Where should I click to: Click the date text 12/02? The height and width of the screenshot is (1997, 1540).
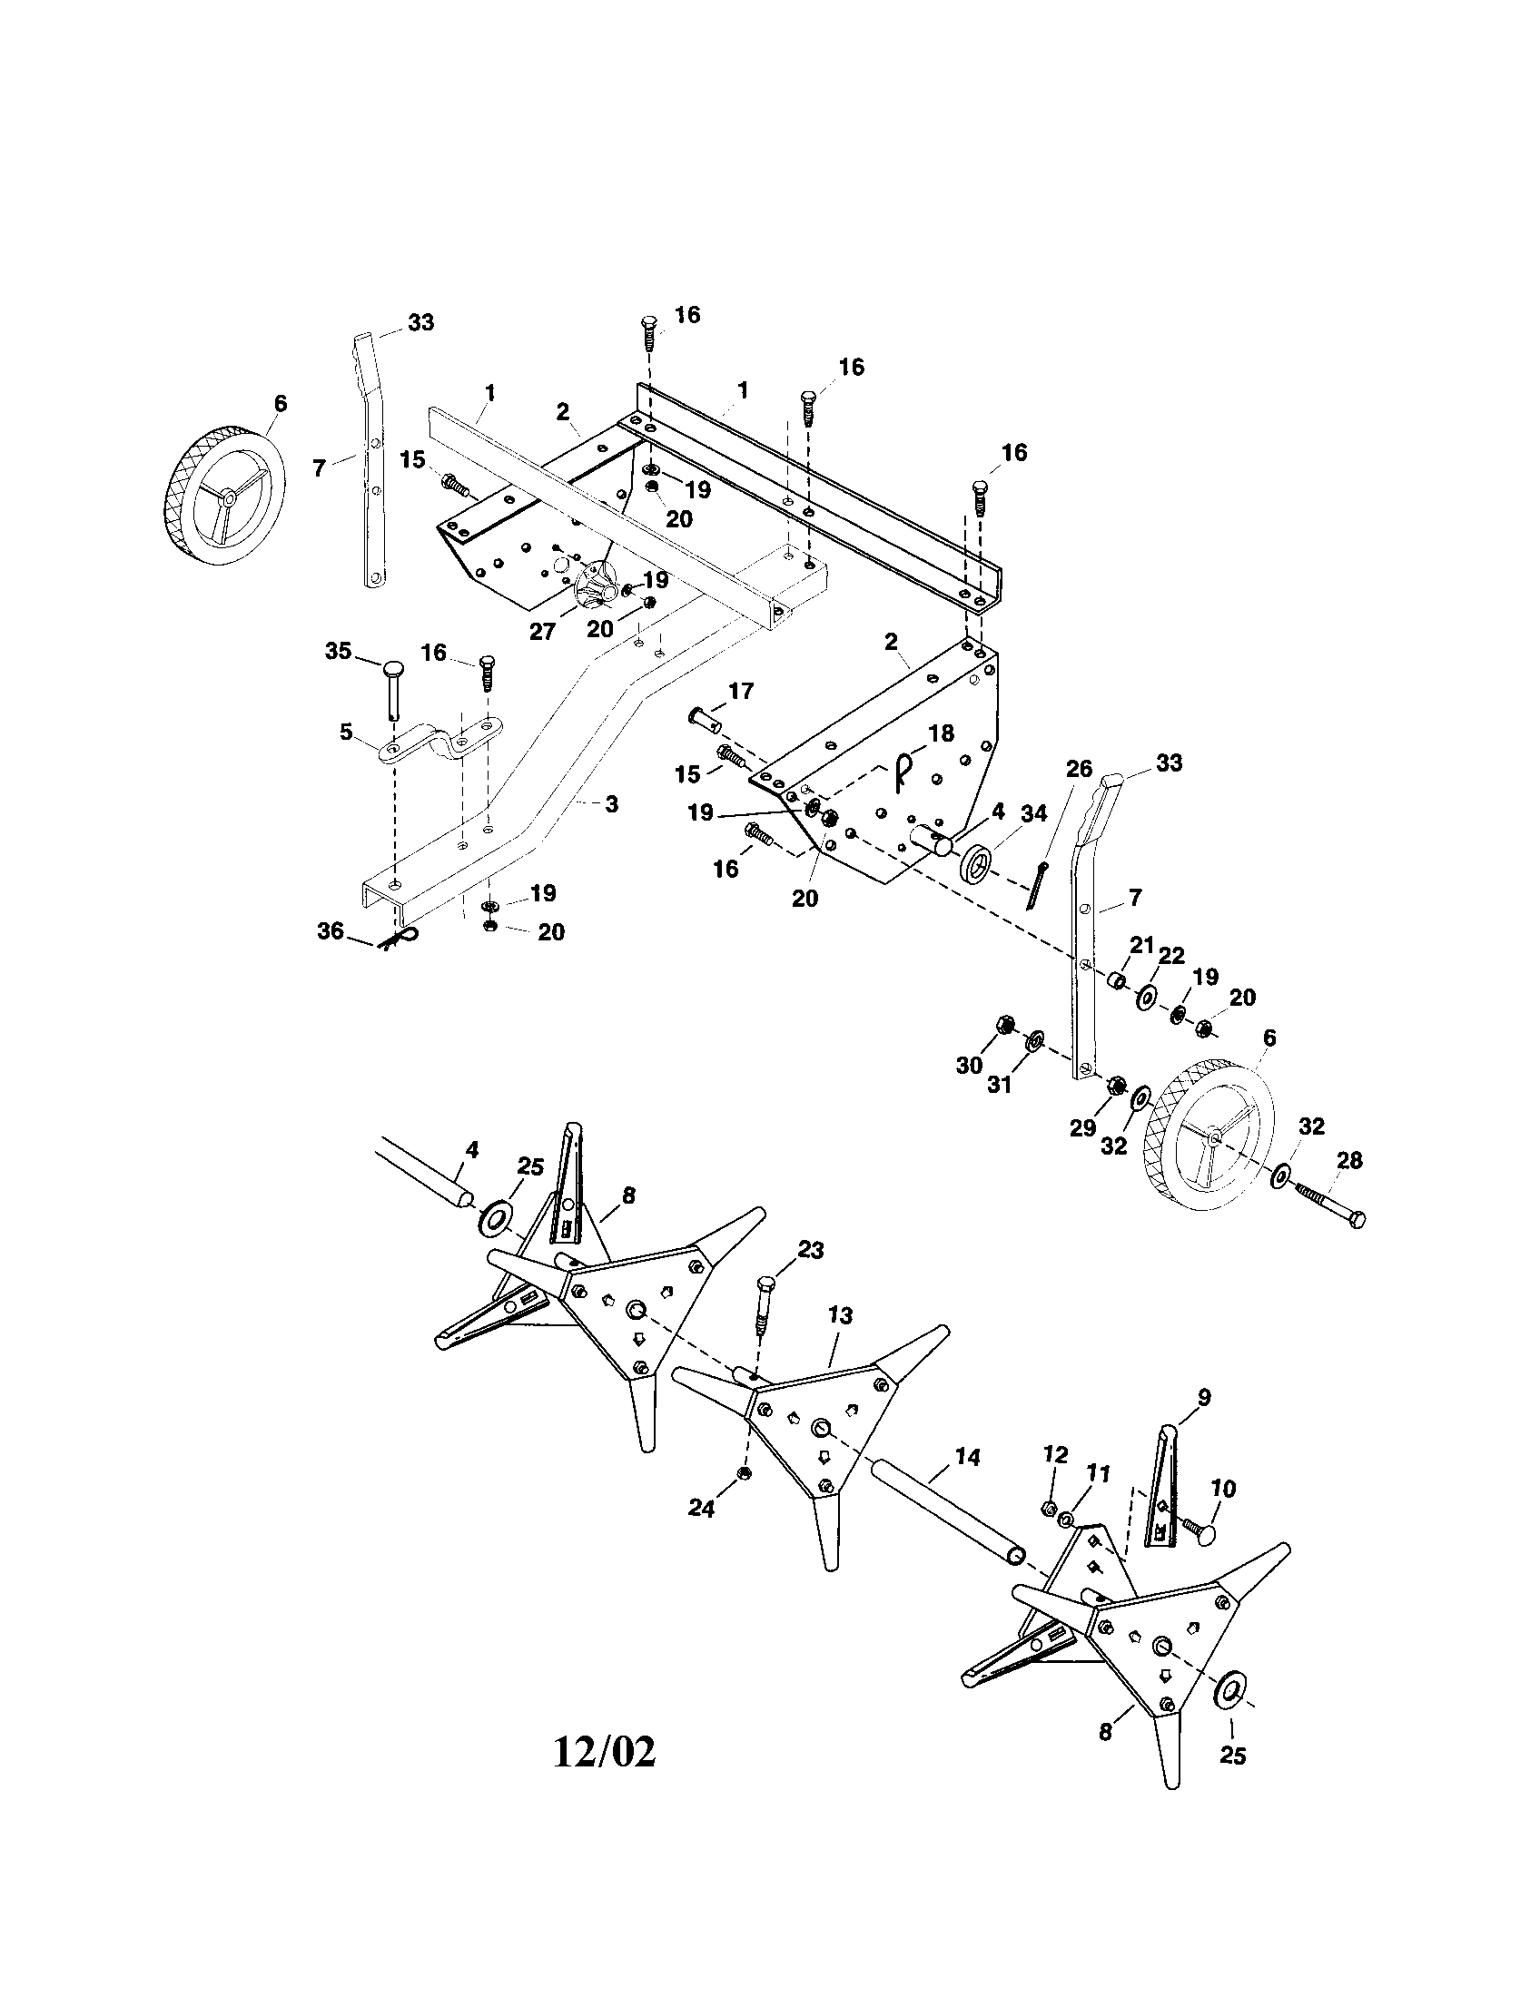[605, 1752]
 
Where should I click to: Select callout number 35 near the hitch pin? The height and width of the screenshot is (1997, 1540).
[339, 651]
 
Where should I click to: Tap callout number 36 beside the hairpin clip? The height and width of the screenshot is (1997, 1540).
[331, 930]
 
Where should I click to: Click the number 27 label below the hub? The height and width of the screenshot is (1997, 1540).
[542, 631]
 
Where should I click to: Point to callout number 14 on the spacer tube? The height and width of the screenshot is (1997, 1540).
[967, 1457]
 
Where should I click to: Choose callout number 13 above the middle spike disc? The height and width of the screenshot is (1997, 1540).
[840, 1315]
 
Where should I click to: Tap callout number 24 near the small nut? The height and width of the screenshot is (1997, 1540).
[700, 1508]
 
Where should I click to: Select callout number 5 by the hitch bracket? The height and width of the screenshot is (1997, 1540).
[346, 732]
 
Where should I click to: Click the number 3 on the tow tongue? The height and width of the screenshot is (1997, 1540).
[611, 803]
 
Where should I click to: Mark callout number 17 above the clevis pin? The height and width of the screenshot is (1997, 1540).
[741, 691]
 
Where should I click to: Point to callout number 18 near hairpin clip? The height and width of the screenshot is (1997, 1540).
[941, 733]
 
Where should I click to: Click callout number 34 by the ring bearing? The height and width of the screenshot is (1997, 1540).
[1033, 813]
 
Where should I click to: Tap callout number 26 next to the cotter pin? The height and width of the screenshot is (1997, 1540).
[1079, 768]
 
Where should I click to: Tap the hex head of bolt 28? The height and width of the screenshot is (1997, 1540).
[1357, 1219]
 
